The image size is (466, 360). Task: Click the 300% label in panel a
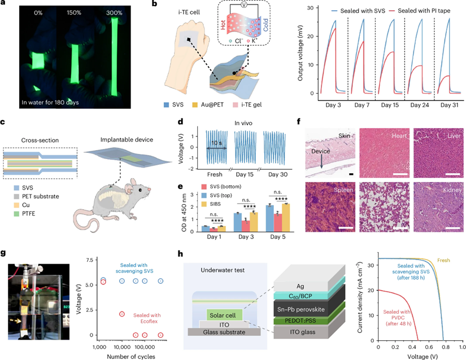tap(106, 11)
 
